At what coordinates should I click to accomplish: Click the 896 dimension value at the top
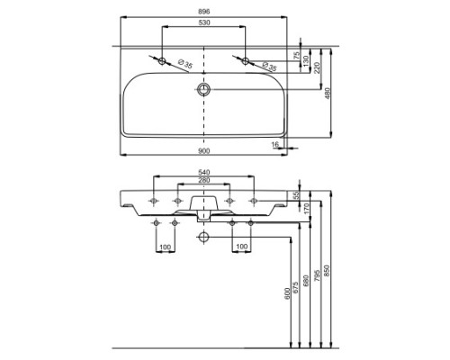203,12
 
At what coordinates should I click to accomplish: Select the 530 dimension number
203,22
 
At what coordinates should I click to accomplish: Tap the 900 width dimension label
203,151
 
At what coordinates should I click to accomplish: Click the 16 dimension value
275,145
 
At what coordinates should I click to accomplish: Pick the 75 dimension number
296,56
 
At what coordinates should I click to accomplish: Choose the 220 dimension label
318,67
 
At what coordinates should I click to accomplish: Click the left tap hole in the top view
162,61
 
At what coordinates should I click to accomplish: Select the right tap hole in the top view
246,61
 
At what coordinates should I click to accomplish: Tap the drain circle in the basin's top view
204,89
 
